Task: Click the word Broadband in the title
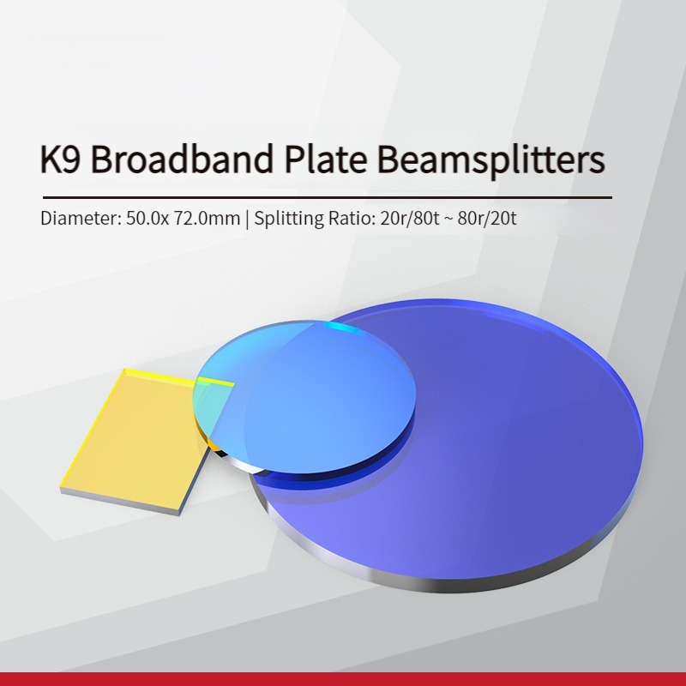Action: click(183, 158)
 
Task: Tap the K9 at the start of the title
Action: click(60, 159)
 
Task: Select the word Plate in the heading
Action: click(326, 158)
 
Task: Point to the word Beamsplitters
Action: click(490, 160)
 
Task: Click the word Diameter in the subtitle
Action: click(81, 218)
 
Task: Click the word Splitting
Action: click(289, 219)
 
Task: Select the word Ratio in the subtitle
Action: click(352, 218)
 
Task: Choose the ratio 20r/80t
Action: click(410, 218)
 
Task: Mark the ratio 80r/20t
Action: click(487, 218)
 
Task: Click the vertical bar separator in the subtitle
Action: click(247, 219)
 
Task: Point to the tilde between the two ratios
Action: click(448, 219)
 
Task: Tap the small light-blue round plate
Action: click(304, 397)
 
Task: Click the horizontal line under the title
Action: click(328, 198)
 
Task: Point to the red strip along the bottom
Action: click(343, 679)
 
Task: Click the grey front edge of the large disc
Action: click(437, 584)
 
